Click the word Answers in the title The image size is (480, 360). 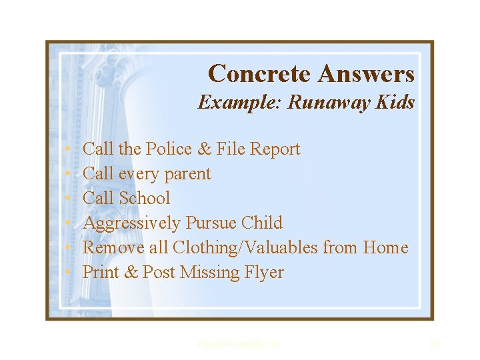coord(366,74)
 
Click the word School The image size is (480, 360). coord(145,198)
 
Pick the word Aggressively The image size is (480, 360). coord(131,223)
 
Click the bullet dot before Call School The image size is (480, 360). coord(69,199)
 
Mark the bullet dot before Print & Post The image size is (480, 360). coord(69,273)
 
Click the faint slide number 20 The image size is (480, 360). coord(434,344)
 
